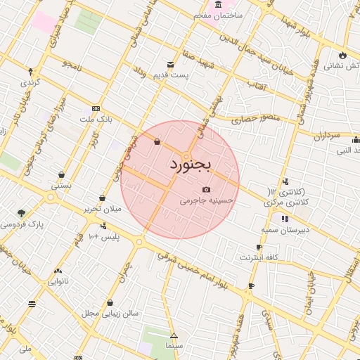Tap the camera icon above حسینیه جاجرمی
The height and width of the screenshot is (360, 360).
206,189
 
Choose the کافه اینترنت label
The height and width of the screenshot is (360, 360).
259,257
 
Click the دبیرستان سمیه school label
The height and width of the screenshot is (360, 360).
285,230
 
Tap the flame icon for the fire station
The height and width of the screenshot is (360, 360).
342,55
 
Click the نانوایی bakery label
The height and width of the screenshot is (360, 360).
58,281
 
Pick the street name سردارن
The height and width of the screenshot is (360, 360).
325,134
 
